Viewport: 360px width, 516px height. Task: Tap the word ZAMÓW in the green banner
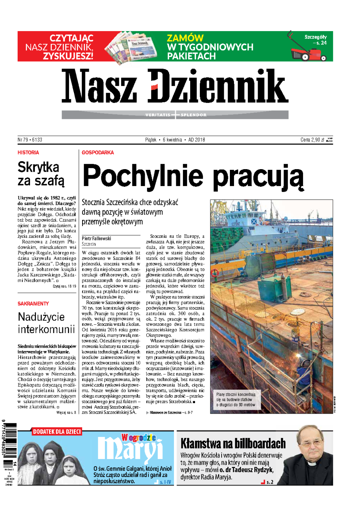185,38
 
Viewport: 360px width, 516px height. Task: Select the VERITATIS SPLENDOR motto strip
175,115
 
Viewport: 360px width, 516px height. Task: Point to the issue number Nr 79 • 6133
30,140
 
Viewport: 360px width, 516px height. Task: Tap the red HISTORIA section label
28,153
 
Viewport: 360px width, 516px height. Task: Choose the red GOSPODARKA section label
98,153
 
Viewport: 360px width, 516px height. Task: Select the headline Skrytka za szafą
41,173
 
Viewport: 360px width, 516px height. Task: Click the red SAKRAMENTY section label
33,304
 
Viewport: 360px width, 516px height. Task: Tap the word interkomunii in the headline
46,329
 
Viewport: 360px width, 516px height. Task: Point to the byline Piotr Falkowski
96,238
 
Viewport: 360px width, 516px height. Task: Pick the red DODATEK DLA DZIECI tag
57,432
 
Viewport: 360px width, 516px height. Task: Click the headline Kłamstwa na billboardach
233,444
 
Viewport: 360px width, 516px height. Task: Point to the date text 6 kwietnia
172,140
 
